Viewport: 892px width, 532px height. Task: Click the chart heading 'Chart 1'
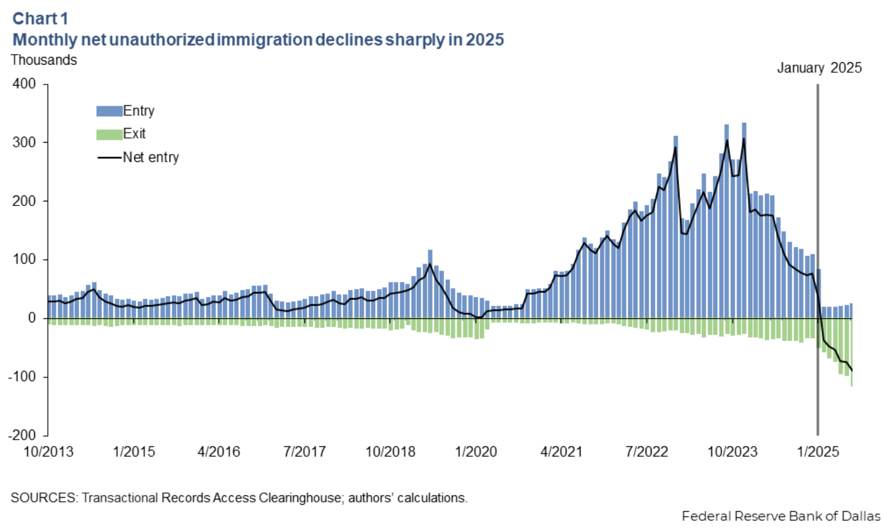tap(40, 19)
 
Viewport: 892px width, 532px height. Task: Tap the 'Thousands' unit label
tap(44, 60)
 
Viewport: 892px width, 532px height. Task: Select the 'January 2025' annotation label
tap(819, 68)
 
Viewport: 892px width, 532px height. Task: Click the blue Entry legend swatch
tap(109, 111)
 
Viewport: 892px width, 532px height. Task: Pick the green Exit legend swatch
tap(109, 134)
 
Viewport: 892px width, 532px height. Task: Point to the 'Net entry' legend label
tap(151, 157)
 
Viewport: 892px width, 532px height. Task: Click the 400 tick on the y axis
tap(24, 84)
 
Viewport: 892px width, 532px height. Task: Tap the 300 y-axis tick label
tap(24, 143)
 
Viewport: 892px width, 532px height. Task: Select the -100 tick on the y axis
tap(22, 377)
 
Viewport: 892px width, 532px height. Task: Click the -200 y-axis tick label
tap(22, 435)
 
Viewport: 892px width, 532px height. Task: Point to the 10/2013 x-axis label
tap(48, 452)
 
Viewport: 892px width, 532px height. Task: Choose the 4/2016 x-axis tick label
tap(219, 452)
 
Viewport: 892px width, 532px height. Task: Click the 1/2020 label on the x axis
tap(476, 452)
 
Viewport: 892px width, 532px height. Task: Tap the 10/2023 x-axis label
tap(732, 452)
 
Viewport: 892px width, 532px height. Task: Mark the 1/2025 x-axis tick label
tap(817, 452)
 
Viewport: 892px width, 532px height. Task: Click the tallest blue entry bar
tap(744, 221)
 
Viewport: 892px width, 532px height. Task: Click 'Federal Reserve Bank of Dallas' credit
tap(781, 516)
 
